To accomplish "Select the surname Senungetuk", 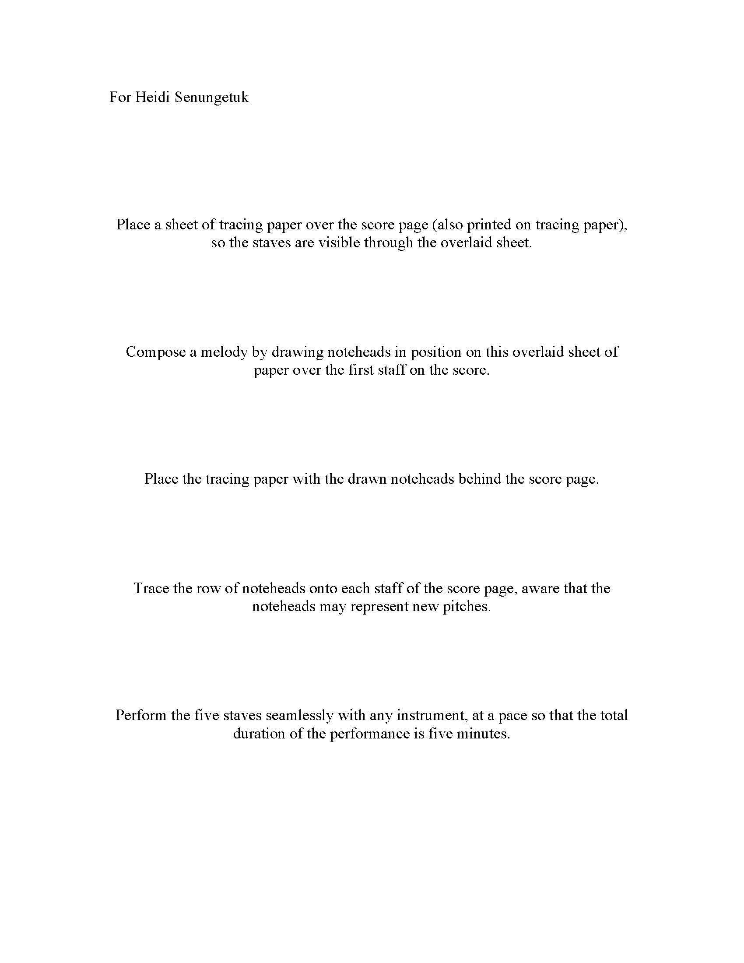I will (x=211, y=98).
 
